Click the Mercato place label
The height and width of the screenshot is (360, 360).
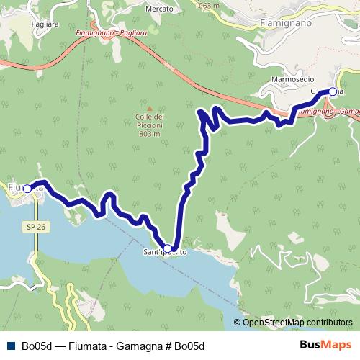tap(159, 9)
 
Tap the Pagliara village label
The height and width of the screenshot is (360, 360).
tap(25, 24)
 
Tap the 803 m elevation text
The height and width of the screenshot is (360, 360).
tap(150, 133)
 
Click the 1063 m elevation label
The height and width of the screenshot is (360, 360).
tap(206, 5)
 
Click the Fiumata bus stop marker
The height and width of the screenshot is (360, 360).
tap(27, 189)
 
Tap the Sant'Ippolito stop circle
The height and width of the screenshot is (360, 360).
tap(168, 248)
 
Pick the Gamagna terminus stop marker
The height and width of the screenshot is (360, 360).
tap(333, 91)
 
